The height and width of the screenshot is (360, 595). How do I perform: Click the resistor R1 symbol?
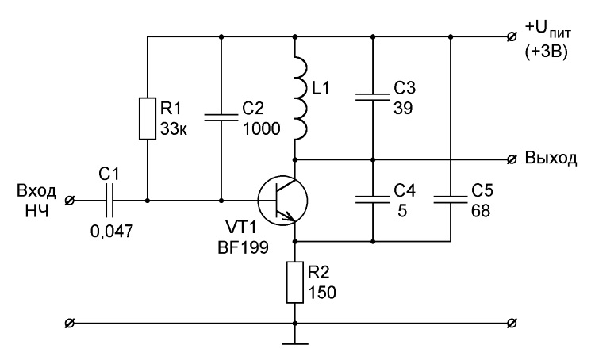coord(148,118)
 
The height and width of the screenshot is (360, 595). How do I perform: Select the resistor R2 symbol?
coord(295,281)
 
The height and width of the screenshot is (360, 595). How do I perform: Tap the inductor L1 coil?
coord(300,97)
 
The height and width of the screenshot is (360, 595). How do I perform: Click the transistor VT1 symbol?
coord(282,201)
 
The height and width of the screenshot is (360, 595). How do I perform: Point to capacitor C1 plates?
coord(109,201)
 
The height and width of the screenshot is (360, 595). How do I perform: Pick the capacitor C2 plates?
coord(221,117)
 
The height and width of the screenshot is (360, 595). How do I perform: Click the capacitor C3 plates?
coord(373,97)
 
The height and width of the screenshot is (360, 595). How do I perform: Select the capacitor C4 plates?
coord(373,200)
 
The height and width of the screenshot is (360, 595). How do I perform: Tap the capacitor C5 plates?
coord(451,200)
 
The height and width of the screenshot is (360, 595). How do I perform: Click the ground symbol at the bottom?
coord(295,343)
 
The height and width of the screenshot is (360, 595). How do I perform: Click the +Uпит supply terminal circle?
coord(512,36)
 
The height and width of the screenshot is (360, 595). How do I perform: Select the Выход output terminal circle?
coord(512,159)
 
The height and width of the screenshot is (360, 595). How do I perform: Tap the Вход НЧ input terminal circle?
coord(70,201)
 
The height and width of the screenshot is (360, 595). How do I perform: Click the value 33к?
coord(174,129)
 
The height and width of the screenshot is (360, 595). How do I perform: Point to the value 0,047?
coord(112,231)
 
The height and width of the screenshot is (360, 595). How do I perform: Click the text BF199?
coord(244,247)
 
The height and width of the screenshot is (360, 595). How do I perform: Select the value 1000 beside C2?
coord(261,129)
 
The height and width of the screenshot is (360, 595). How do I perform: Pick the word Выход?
coord(551,158)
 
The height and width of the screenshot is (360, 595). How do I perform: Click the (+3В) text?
coord(547,52)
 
